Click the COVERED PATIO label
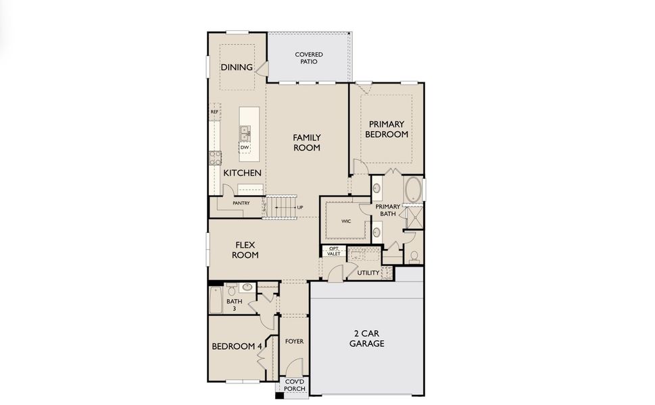pyautogui.click(x=308, y=58)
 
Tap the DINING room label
pyautogui.click(x=237, y=67)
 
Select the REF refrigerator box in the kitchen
pyautogui.click(x=215, y=112)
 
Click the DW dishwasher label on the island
pyautogui.click(x=244, y=146)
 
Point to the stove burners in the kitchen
pyautogui.click(x=216, y=158)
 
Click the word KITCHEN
pyautogui.click(x=242, y=173)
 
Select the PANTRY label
pyautogui.click(x=241, y=202)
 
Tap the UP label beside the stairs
pyautogui.click(x=299, y=207)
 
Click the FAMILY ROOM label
pyautogui.click(x=306, y=142)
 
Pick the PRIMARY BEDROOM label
pyautogui.click(x=387, y=129)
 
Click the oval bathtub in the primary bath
pyautogui.click(x=413, y=189)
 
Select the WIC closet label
pyautogui.click(x=345, y=221)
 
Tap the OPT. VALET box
pyautogui.click(x=333, y=252)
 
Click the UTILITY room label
pyautogui.click(x=368, y=273)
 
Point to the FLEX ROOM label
pyautogui.click(x=245, y=250)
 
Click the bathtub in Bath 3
pyautogui.click(x=216, y=300)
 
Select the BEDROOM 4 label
pyautogui.click(x=237, y=346)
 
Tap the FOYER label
pyautogui.click(x=294, y=342)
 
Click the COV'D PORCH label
pyautogui.click(x=294, y=385)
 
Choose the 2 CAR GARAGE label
pyautogui.click(x=366, y=338)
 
